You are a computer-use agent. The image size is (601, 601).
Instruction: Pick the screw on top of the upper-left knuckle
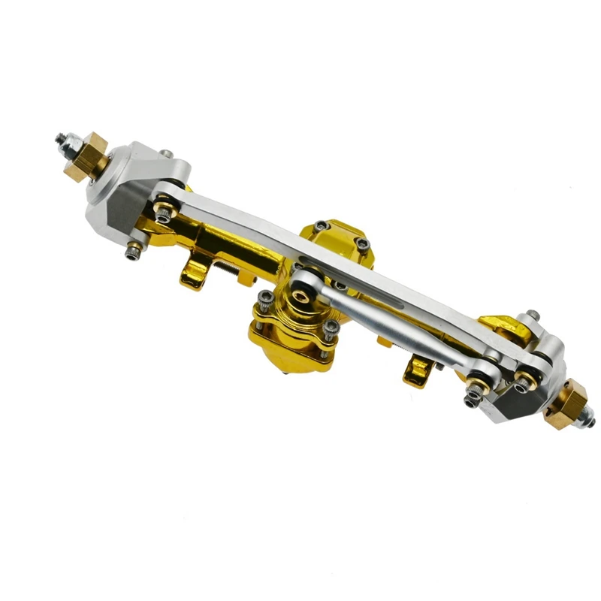click(168, 154)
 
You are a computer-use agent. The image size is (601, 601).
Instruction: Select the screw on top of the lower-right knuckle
click(532, 315)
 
